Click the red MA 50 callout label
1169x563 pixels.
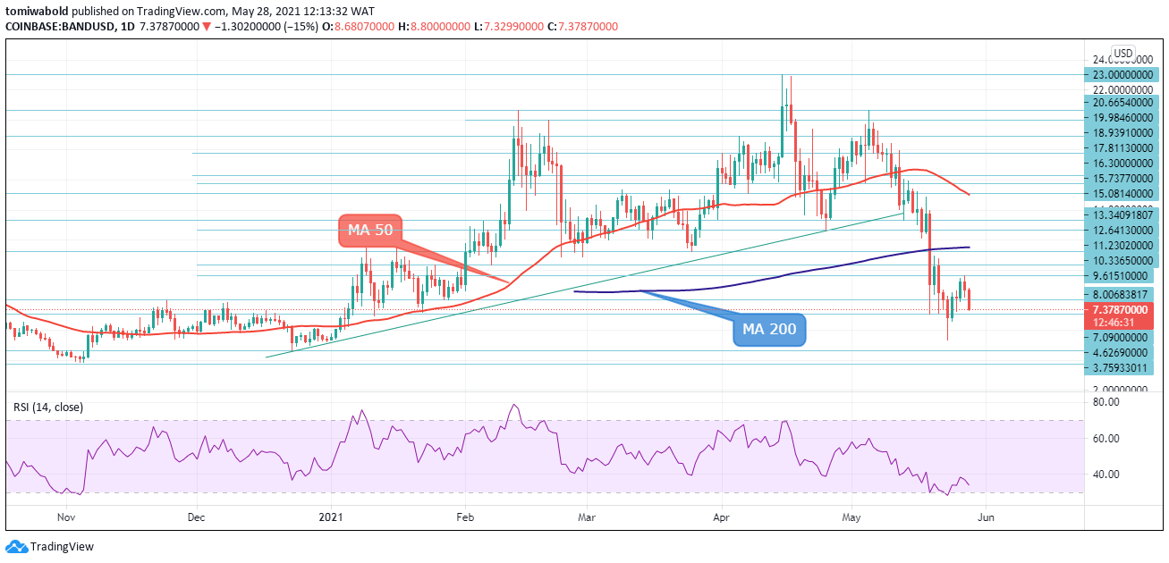(370, 231)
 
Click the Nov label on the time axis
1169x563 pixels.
(66, 517)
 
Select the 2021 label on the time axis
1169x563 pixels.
(331, 517)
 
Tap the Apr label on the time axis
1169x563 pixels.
(722, 517)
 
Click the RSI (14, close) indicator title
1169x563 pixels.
(48, 408)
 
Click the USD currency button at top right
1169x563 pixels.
(1122, 53)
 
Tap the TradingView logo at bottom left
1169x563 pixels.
(50, 547)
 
